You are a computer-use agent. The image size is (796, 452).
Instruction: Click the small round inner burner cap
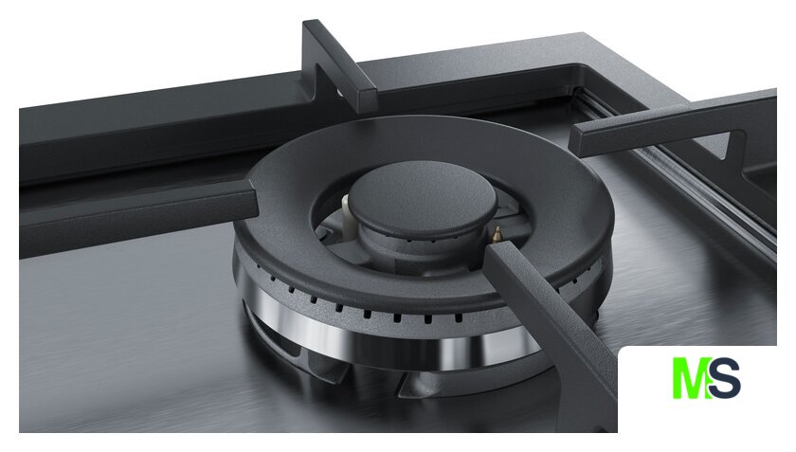[x=423, y=200]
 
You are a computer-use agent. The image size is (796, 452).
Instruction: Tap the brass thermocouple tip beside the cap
[x=497, y=234]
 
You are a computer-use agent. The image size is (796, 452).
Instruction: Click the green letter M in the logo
[x=691, y=378]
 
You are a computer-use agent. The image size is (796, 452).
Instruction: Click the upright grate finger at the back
[x=336, y=66]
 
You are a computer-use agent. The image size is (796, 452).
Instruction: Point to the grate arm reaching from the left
[x=137, y=213]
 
